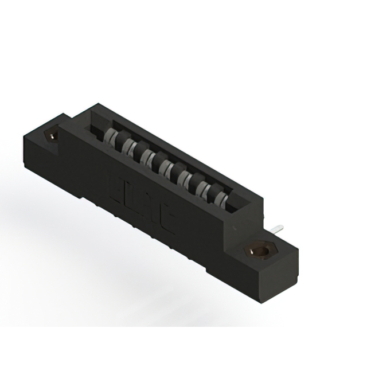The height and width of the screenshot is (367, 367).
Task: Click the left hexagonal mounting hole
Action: coord(53,136)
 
